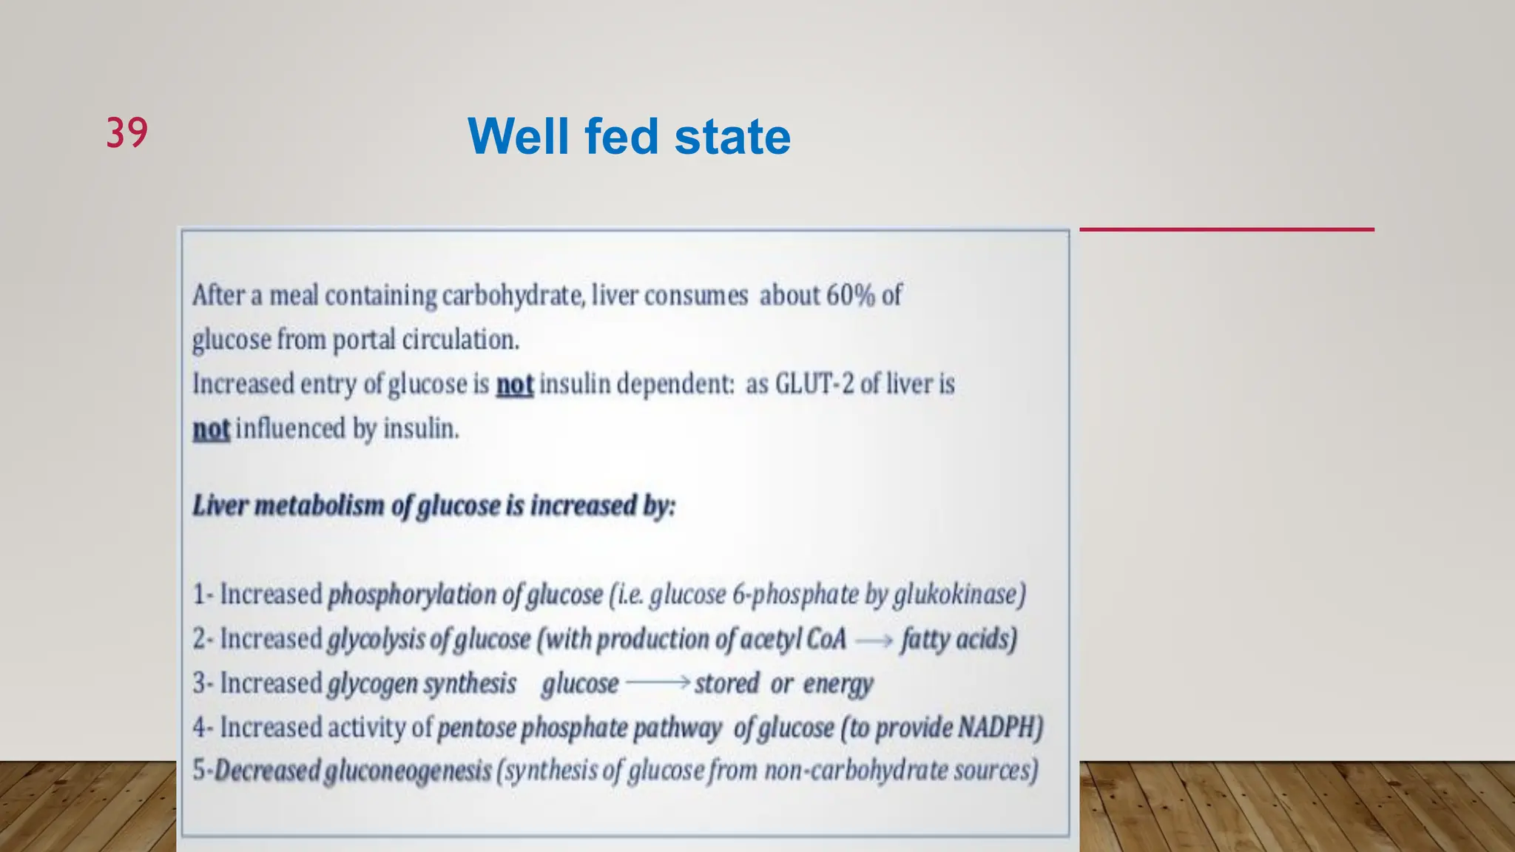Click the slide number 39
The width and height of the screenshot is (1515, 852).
tap(126, 133)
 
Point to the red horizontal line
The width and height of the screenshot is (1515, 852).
tap(1226, 229)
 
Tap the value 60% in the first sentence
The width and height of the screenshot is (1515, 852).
tap(850, 295)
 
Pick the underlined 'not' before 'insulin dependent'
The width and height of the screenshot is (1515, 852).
tap(514, 385)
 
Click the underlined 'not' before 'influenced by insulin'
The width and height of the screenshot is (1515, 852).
tap(211, 429)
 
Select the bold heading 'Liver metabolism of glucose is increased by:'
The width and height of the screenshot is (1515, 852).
tap(433, 506)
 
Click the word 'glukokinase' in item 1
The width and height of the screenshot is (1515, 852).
tap(959, 595)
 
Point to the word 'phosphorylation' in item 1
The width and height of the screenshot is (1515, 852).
tap(411, 595)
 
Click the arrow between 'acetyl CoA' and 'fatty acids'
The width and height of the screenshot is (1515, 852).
tap(874, 640)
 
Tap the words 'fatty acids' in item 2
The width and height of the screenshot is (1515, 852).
tap(958, 639)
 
